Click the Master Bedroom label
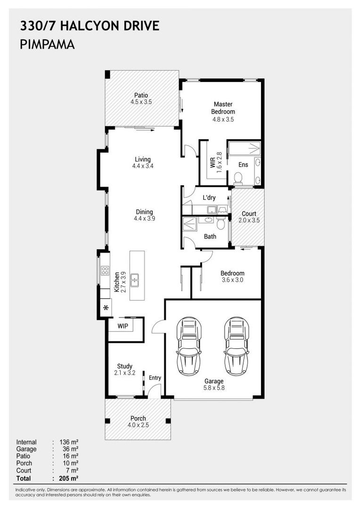click(223, 108)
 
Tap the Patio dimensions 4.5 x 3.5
click(141, 102)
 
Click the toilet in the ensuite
click(238, 178)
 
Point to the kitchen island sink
click(134, 280)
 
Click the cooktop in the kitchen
click(105, 271)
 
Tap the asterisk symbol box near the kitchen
click(106, 308)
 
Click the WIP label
click(123, 326)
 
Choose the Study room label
click(125, 366)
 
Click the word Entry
click(155, 378)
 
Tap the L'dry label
click(209, 198)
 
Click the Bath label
click(210, 237)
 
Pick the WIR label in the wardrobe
click(213, 163)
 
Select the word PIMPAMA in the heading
click(48, 45)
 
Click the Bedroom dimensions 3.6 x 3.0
click(232, 280)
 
